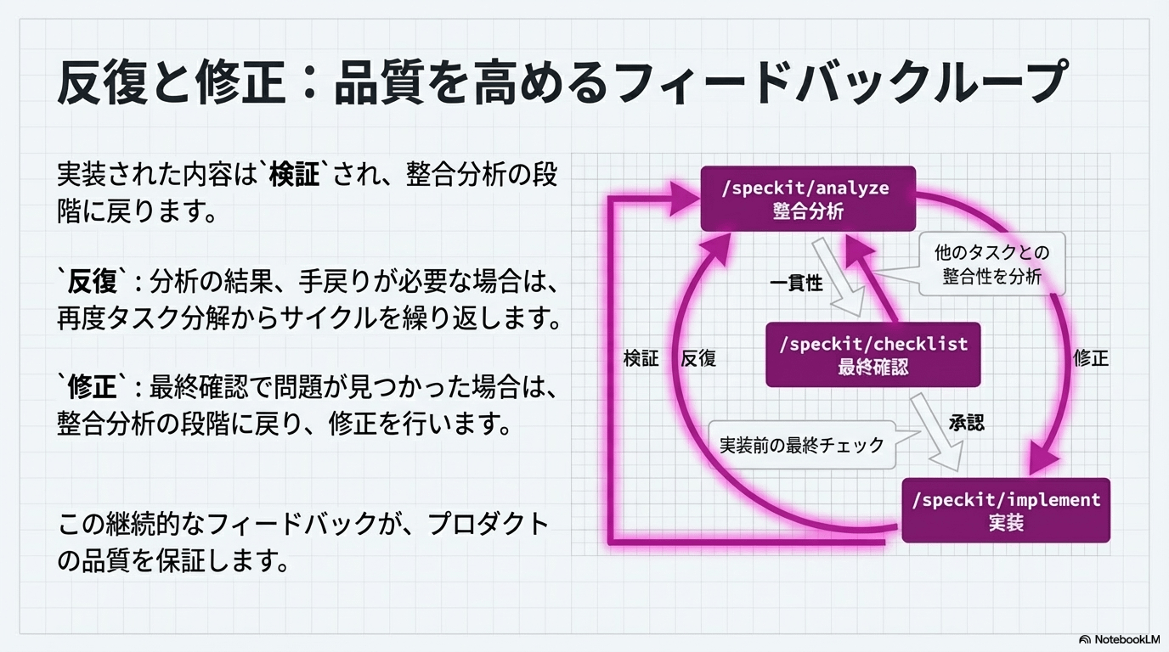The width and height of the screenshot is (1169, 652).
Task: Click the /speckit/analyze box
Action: [x=807, y=199]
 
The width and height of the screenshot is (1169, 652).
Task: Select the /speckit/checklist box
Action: [x=873, y=355]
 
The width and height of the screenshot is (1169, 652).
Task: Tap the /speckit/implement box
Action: [x=1006, y=510]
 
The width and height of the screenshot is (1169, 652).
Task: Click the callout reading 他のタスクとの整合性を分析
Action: [x=991, y=264]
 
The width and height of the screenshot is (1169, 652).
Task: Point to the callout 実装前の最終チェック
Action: [x=802, y=444]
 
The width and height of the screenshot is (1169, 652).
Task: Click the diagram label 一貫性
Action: [x=796, y=284]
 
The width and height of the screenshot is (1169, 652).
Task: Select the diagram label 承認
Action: [x=966, y=422]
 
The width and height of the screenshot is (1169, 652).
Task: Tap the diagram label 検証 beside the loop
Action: [x=641, y=357]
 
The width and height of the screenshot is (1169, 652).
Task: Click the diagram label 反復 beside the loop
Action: [x=698, y=357]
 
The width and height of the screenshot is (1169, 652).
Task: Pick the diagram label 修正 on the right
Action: [x=1091, y=357]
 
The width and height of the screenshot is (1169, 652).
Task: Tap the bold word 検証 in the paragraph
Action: [x=294, y=176]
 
